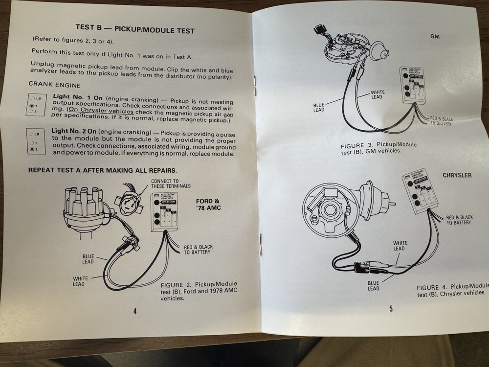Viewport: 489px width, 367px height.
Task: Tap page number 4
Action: pyautogui.click(x=134, y=311)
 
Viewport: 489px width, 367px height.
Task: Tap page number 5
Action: pyautogui.click(x=391, y=308)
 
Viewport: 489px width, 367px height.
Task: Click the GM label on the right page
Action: pyautogui.click(x=435, y=36)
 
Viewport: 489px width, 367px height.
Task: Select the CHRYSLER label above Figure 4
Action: pyautogui.click(x=457, y=175)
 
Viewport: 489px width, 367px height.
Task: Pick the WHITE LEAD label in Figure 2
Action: pyautogui.click(x=81, y=281)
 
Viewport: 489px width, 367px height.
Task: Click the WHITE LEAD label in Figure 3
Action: pyautogui.click(x=378, y=94)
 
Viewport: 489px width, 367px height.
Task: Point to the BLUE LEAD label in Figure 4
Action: pyautogui.click(x=373, y=285)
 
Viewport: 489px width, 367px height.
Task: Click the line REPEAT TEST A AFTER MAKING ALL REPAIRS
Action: pyautogui.click(x=103, y=170)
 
